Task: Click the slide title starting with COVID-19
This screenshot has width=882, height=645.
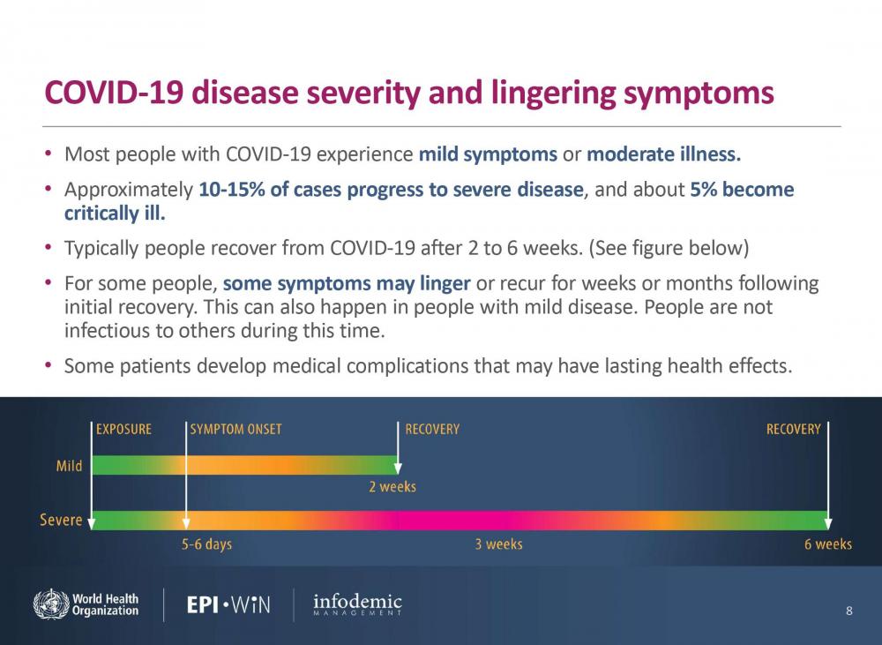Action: pos(409,94)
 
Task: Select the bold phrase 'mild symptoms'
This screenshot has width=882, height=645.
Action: pos(487,155)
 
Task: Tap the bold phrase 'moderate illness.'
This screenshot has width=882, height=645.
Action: pos(664,155)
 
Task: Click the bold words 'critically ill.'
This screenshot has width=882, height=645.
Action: pos(115,214)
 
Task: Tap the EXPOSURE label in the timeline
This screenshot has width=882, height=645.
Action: pos(123,430)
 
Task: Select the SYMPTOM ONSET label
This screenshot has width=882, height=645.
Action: pos(235,430)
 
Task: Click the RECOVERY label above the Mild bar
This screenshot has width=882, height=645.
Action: pos(432,430)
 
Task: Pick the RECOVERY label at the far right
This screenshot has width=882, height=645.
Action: pos(793,430)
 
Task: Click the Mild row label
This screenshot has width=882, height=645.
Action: pos(69,465)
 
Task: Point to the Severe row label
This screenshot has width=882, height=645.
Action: pos(61,520)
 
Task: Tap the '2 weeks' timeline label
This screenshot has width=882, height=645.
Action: pos(392,487)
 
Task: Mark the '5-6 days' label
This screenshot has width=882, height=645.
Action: pos(206,544)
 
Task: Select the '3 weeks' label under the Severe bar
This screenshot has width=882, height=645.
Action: pos(498,544)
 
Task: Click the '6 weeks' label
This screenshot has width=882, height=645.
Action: pos(827,544)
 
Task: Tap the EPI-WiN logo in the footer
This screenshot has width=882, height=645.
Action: pos(228,604)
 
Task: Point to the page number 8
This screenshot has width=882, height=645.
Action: pos(848,611)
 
